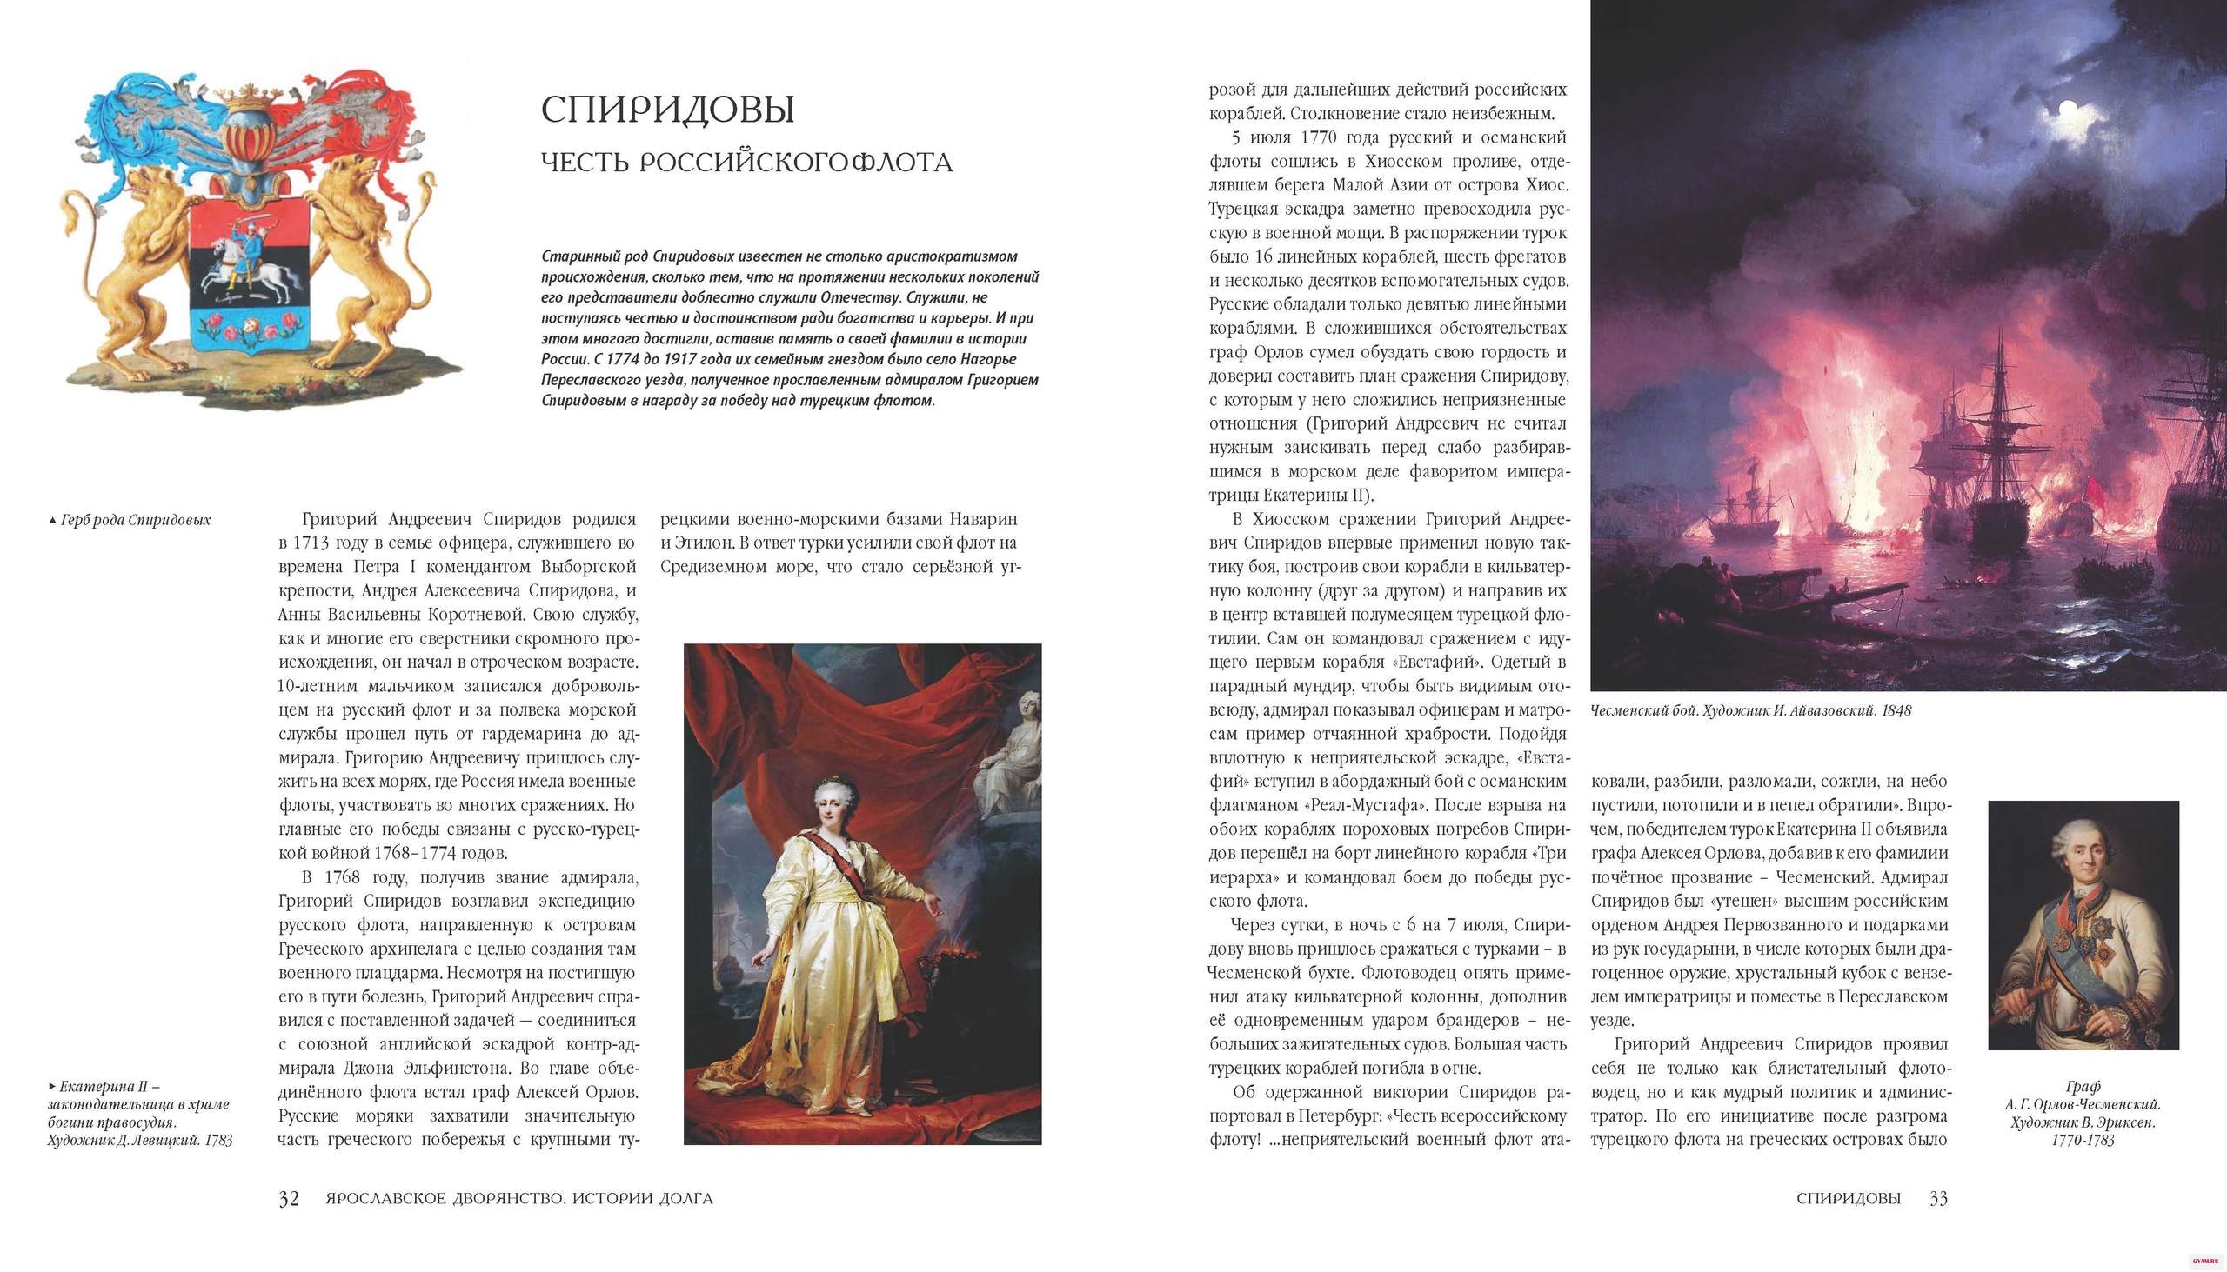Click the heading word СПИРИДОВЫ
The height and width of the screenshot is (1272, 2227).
coord(668,110)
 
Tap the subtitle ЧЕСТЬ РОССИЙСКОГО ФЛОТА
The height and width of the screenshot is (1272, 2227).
coord(746,163)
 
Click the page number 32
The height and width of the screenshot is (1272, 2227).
coord(289,1199)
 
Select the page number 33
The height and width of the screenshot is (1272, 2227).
coord(1938,1199)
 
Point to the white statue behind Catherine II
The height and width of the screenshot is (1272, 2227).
coord(1013,751)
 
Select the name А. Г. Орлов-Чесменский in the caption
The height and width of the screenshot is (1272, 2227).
coord(2083,1105)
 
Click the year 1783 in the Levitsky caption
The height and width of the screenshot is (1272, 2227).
coord(218,1140)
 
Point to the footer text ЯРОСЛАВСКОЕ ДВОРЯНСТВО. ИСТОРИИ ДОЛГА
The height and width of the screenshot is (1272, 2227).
coord(519,1199)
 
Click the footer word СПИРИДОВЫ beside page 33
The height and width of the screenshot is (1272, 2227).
coord(1849,1199)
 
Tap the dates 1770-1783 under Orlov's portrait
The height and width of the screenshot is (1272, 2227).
coord(2083,1141)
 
